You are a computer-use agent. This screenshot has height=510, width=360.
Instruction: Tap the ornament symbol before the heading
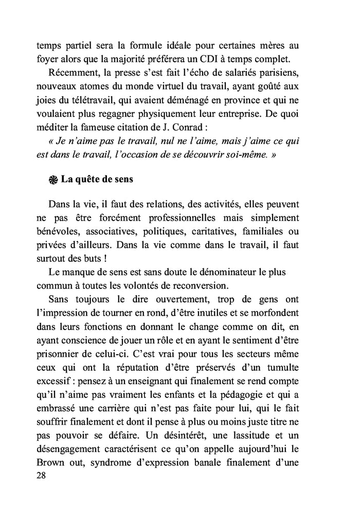pos(52,179)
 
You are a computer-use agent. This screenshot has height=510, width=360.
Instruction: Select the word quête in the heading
pos(89,179)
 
